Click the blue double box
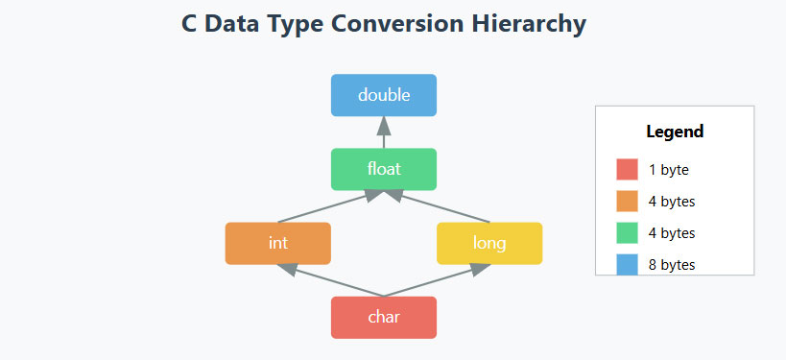[384, 95]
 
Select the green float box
[384, 169]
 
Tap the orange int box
[278, 243]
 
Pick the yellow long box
[489, 243]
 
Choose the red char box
[384, 318]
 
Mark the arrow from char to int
[331, 281]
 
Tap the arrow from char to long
[437, 281]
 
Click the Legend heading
[675, 132]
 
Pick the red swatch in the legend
[627, 170]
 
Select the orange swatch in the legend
[627, 202]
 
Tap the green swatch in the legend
[627, 233]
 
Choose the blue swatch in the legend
[627, 264]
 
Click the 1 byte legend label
[669, 170]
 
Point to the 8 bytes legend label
[672, 264]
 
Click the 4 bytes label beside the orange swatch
[672, 202]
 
